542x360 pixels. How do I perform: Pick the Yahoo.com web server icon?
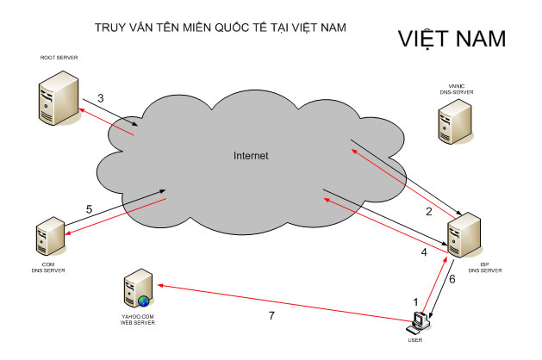(139, 289)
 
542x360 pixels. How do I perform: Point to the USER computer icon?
(420, 320)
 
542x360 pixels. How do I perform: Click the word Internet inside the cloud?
(252, 156)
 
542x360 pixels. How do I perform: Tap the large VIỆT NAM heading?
(452, 40)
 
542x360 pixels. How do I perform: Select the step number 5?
(90, 208)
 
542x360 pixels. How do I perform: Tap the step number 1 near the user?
(417, 303)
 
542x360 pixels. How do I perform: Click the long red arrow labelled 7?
(276, 302)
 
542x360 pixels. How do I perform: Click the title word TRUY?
(110, 28)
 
